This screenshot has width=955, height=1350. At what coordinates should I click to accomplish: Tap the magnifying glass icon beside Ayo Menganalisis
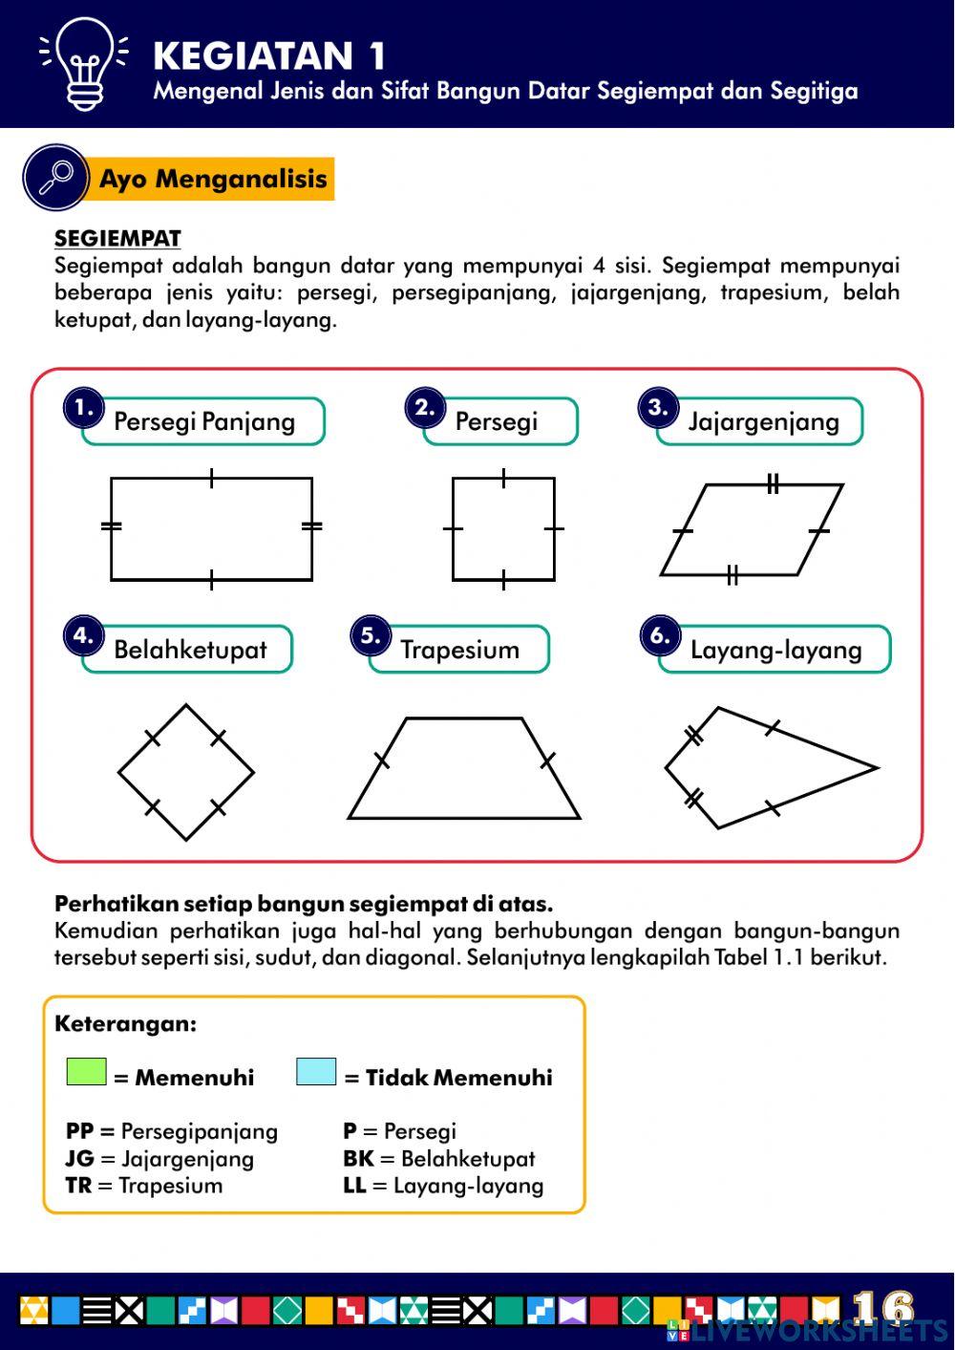click(x=55, y=177)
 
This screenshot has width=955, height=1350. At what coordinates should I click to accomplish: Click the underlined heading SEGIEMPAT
click(x=117, y=238)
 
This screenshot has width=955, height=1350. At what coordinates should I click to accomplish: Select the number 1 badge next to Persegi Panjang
click(x=84, y=408)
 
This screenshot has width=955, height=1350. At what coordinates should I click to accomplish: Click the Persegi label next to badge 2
click(x=497, y=421)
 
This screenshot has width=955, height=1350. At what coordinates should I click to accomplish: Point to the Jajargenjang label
click(x=763, y=421)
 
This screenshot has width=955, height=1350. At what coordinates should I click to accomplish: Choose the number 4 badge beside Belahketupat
click(x=83, y=636)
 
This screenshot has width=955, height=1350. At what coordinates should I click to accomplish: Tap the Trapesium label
click(x=459, y=650)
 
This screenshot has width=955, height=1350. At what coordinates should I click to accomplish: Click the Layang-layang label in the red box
click(x=775, y=650)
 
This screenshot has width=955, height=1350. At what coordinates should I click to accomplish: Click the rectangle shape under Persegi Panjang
click(x=211, y=528)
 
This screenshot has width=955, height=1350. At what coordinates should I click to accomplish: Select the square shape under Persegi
click(x=503, y=528)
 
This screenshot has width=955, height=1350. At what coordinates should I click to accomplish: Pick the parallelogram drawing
click(x=752, y=530)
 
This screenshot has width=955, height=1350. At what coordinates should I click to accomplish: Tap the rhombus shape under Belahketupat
click(x=186, y=773)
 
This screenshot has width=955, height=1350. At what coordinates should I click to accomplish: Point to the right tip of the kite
click(x=874, y=767)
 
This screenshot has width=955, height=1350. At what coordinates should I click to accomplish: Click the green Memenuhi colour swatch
click(x=86, y=1071)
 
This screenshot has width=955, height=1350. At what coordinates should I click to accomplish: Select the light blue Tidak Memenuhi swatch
click(x=316, y=1071)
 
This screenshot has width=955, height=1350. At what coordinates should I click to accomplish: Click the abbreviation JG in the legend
click(x=79, y=1159)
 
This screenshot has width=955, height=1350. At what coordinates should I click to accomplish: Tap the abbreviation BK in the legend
click(x=358, y=1159)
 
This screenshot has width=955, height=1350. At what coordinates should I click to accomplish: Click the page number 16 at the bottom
click(x=883, y=1306)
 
